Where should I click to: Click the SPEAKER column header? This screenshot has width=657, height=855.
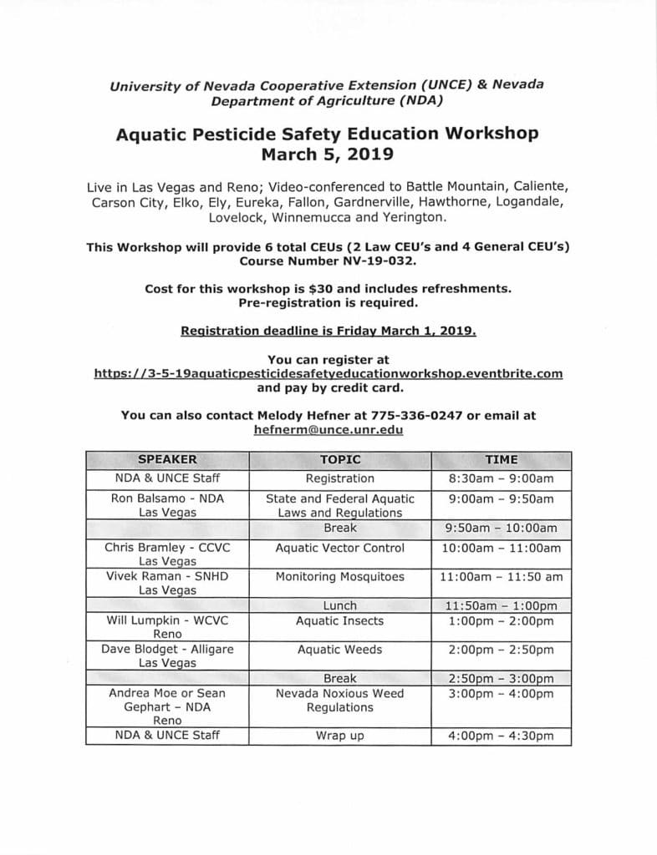[x=167, y=459]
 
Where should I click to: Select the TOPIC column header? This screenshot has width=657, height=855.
[x=339, y=459]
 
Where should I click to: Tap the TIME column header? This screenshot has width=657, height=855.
[x=501, y=459]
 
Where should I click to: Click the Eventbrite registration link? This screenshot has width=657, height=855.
[x=328, y=373]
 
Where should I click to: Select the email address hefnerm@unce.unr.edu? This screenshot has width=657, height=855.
[x=328, y=429]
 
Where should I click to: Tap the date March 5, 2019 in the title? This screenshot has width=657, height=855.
[x=328, y=154]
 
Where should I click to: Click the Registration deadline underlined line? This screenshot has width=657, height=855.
[x=328, y=331]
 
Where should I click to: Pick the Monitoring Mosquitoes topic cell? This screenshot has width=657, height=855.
[x=339, y=576]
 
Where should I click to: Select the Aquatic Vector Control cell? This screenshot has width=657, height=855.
[x=339, y=548]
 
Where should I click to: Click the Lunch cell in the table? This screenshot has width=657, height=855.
[x=339, y=605]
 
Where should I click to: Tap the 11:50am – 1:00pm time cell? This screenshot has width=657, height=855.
[x=501, y=605]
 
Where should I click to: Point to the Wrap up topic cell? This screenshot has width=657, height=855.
[x=339, y=736]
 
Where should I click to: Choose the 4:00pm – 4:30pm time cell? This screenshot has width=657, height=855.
[x=501, y=736]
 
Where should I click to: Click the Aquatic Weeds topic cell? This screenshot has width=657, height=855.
[x=339, y=649]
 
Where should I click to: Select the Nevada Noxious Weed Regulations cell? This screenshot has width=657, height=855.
[x=339, y=701]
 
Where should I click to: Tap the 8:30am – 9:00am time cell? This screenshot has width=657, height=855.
[x=501, y=478]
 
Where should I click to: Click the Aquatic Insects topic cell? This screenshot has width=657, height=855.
[x=339, y=620]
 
